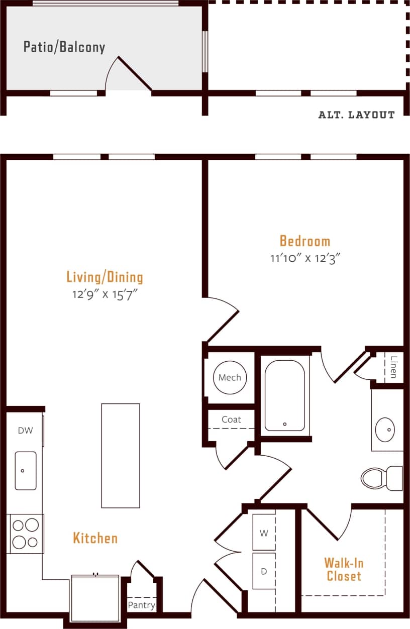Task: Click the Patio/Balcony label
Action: [x=64, y=47]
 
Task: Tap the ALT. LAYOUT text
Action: [x=356, y=115]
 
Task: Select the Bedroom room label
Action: [x=305, y=241]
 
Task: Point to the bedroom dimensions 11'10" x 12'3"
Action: [x=305, y=259]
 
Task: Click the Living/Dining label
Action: [x=105, y=277]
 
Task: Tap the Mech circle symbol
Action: [x=230, y=377]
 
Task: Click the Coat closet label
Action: [x=231, y=420]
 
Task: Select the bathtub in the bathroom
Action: [x=284, y=395]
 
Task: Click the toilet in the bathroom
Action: [x=380, y=478]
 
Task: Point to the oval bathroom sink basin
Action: [x=385, y=430]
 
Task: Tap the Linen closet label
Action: [x=394, y=367]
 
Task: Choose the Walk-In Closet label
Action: [x=344, y=569]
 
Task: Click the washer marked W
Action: [x=264, y=533]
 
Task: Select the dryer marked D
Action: [x=264, y=571]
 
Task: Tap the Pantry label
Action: [x=141, y=605]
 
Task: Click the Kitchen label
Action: [x=95, y=538]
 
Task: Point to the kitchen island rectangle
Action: [x=121, y=456]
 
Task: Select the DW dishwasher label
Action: [x=25, y=431]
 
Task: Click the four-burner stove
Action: [x=25, y=534]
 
